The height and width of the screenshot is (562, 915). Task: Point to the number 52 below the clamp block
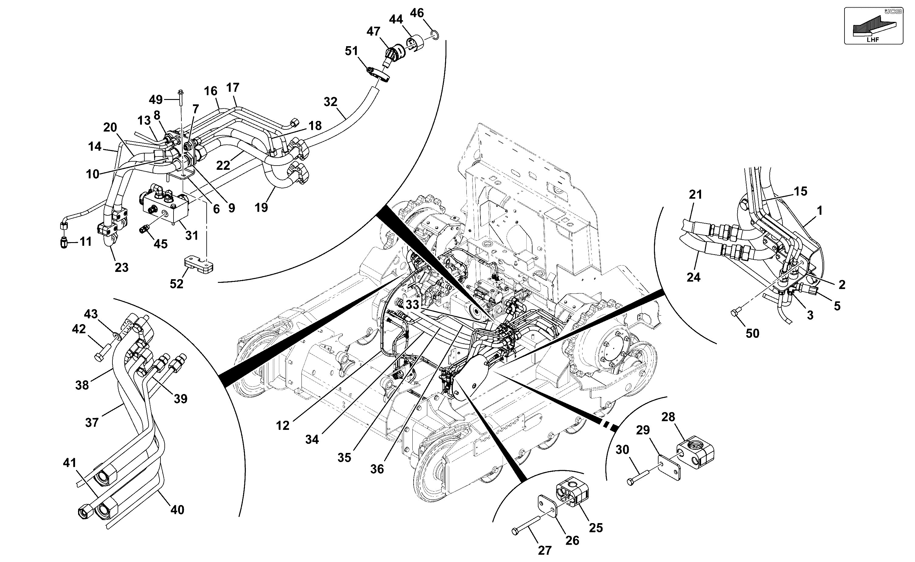click(177, 284)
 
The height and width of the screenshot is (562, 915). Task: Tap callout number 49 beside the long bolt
click(156, 100)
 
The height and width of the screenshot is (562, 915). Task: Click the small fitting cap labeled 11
click(64, 243)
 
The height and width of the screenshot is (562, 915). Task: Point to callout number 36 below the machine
click(377, 469)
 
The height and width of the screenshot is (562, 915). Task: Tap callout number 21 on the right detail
click(695, 194)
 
